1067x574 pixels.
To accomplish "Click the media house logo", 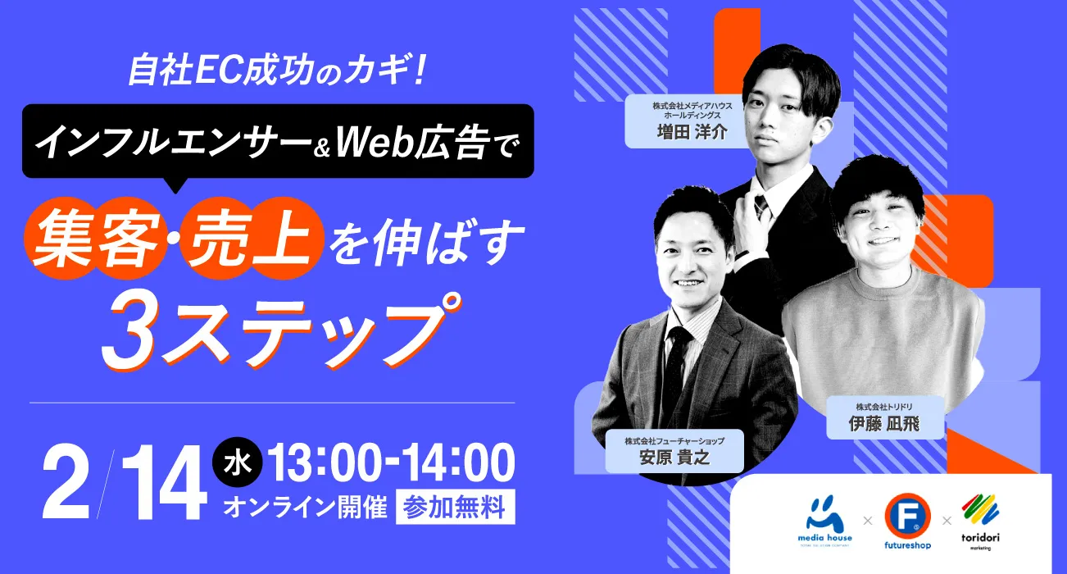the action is [x=824, y=521].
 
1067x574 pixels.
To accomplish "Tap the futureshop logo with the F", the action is [x=907, y=521].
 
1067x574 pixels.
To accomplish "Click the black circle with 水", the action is [x=237, y=462].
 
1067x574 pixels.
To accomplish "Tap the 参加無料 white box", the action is [x=455, y=507].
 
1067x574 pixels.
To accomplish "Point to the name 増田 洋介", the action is [x=692, y=132].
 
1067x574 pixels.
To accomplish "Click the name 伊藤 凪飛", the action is [x=884, y=423].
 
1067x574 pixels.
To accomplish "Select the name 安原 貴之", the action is [x=674, y=458].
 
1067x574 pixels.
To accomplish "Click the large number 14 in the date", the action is [x=165, y=483].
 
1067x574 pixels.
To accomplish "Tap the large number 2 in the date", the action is [x=66, y=483].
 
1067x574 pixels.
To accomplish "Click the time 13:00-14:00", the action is [x=391, y=462].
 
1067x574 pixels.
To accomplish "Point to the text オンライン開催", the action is [x=305, y=508].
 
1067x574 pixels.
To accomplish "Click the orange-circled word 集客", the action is [x=95, y=239].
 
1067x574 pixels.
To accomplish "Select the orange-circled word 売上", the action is [x=251, y=239].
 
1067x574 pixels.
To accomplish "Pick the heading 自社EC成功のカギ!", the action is [x=277, y=71].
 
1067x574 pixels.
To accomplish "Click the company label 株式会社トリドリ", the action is [x=884, y=407].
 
